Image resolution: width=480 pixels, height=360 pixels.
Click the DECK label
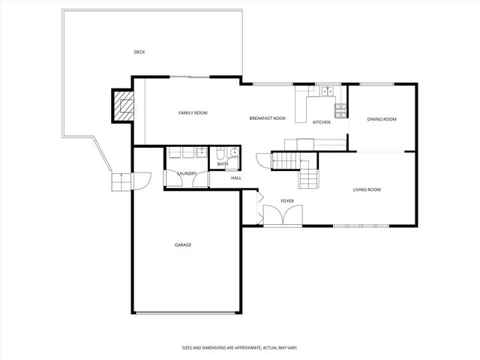coord(139,52)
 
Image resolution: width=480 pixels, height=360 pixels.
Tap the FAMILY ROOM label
coord(193,112)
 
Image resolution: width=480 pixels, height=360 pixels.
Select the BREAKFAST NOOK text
coord(268,118)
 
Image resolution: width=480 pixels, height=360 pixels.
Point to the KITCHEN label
coord(322,122)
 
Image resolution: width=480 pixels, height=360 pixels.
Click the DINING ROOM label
coord(381,119)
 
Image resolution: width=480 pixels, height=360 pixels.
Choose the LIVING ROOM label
coord(367,190)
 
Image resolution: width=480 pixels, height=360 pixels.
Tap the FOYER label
coord(287,201)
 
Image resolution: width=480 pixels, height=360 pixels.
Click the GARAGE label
coord(183,244)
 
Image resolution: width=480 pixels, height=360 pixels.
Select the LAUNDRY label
coord(187,173)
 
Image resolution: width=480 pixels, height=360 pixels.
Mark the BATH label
coord(223,163)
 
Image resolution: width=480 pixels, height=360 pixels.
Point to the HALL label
coord(236,178)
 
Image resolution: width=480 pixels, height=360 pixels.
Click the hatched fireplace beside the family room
coord(123,106)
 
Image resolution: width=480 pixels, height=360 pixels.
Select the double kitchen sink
coord(327,92)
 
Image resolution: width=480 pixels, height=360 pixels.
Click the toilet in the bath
coord(220,154)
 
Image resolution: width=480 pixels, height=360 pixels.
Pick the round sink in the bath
coord(234,154)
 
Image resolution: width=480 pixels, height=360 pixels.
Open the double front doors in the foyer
coord(283,215)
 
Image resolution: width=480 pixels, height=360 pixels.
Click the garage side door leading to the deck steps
coord(141,179)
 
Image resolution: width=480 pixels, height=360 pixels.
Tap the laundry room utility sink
coord(201,153)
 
